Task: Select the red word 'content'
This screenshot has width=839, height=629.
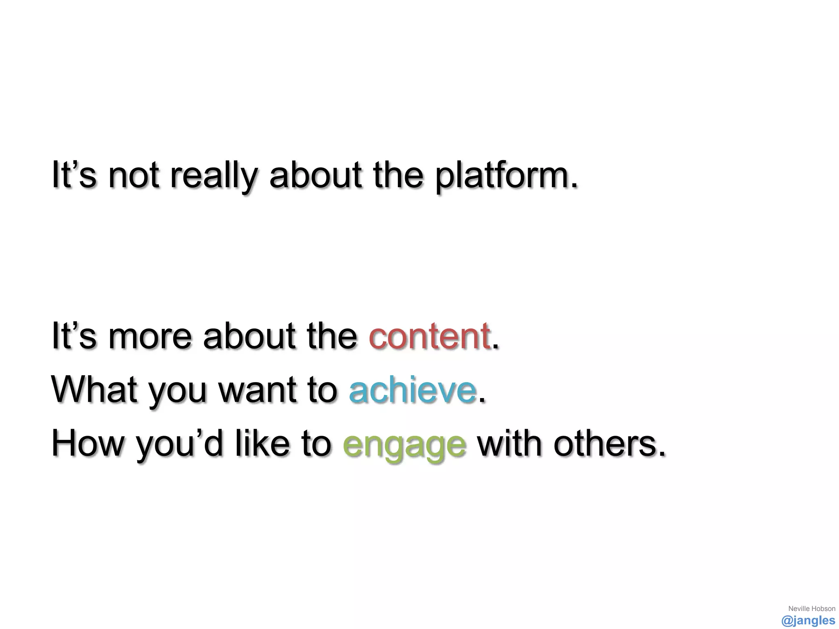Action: [429, 336]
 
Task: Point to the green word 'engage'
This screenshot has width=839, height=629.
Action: [404, 445]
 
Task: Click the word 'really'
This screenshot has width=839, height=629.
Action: [213, 176]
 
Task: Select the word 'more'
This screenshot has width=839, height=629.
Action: [150, 336]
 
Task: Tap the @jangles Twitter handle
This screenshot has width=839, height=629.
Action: [808, 620]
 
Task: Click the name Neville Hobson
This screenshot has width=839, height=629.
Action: [812, 609]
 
